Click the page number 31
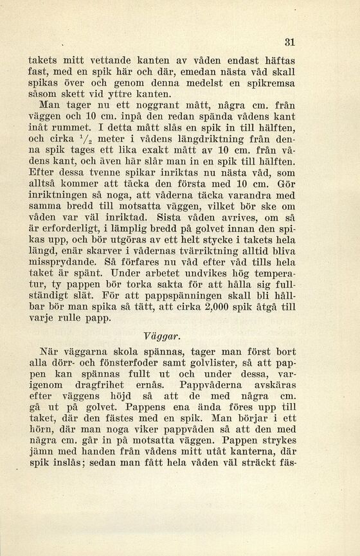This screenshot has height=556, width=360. tap(290, 42)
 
